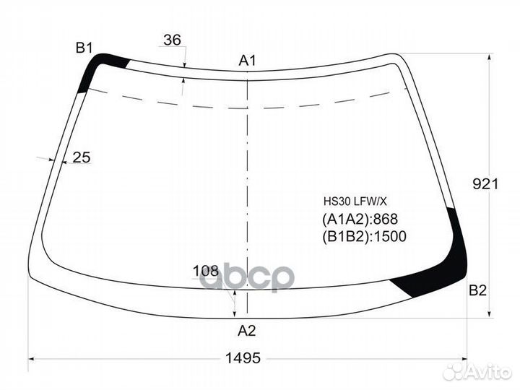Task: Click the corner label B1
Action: click(x=84, y=48)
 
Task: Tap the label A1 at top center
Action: click(x=248, y=61)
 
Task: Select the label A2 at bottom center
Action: click(x=247, y=331)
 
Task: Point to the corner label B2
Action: click(x=477, y=290)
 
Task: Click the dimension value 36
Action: click(x=173, y=40)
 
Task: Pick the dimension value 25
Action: click(x=82, y=157)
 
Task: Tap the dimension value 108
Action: click(x=206, y=272)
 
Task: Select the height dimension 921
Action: click(x=485, y=183)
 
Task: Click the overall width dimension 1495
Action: click(x=243, y=358)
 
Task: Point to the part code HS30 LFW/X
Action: click(x=355, y=201)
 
